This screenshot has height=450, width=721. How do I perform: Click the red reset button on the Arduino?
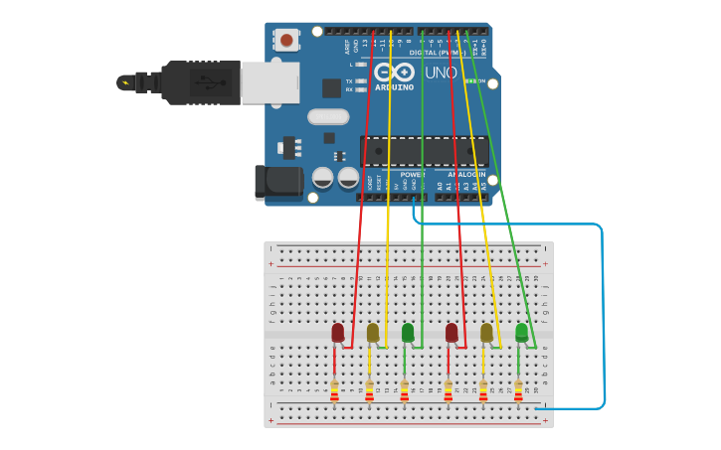pos(286,40)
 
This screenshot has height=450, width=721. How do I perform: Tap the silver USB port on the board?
pos(270,82)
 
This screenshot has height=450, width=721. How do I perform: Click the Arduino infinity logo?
pos(395,73)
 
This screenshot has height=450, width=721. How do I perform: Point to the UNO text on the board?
pos(441,74)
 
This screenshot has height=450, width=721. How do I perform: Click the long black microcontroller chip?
pos(424,151)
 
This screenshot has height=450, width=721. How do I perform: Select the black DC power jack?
pos(277,182)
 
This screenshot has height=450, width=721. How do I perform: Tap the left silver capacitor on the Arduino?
pos(323,178)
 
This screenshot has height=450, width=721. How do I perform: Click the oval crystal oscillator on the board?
pos(328,116)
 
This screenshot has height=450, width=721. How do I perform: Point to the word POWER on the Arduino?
pos(412,175)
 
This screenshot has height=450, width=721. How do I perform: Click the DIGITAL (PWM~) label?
pos(436,52)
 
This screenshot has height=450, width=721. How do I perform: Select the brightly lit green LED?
pos(521,332)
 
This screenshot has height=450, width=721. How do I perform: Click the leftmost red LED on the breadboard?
pos(338,333)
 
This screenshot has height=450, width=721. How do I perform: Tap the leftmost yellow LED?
pos(373,333)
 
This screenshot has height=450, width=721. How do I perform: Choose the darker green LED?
pos(408,333)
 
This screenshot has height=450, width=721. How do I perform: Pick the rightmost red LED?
pos(451,333)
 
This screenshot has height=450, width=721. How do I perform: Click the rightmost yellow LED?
pos(486,333)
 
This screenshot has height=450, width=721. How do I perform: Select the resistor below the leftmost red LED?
pos(334,390)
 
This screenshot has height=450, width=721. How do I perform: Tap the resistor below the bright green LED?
pos(518,390)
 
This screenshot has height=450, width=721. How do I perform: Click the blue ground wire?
pos(602,318)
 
